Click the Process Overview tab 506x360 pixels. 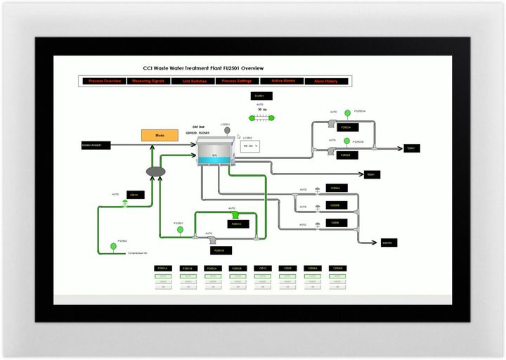[x=105, y=81]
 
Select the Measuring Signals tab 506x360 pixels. [x=148, y=81]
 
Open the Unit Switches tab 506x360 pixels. [x=193, y=81]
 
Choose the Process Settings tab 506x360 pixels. [x=237, y=81]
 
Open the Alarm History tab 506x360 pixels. [x=325, y=81]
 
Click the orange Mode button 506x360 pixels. [x=160, y=134]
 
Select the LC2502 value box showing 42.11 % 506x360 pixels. [x=250, y=146]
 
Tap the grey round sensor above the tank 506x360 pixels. [x=226, y=129]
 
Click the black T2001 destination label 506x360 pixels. [x=411, y=148]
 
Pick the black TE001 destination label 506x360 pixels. [x=372, y=174]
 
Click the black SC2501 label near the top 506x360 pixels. [x=259, y=96]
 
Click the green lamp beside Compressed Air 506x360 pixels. [x=112, y=246]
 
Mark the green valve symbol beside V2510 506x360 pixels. [x=124, y=202]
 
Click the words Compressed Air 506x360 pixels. [x=138, y=252]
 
